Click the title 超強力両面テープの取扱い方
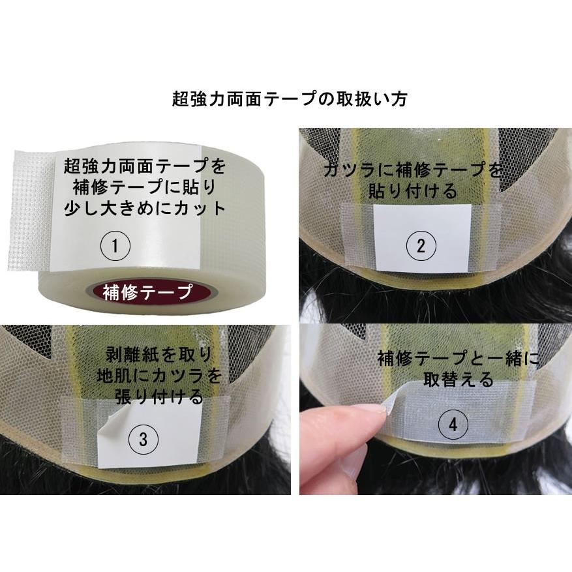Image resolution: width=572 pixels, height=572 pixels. tap(290, 99)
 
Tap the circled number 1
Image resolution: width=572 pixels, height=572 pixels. tap(115, 246)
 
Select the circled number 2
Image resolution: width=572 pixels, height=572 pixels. tap(421, 246)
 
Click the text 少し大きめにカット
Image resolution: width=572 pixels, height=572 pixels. tap(145, 209)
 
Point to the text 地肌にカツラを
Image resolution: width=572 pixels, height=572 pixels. tap(158, 376)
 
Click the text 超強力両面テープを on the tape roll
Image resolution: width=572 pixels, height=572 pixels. tap(145, 166)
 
